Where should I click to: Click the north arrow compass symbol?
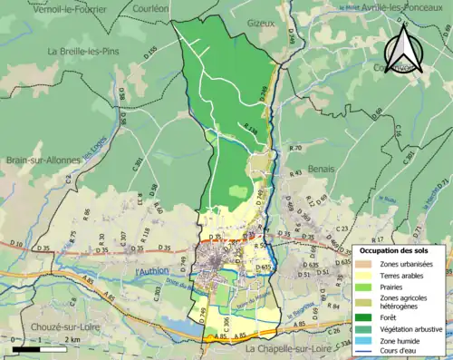point(406,48)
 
